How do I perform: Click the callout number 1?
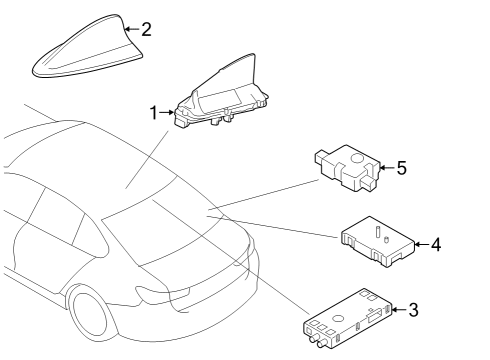coord(154,113)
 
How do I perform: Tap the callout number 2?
coord(146,29)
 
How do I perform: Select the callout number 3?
coord(414,310)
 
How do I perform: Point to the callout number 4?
coord(437,243)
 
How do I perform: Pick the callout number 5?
coord(401,168)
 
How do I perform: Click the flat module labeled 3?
coord(349,315)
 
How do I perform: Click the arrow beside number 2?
coord(132,30)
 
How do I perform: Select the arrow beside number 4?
coord(421,243)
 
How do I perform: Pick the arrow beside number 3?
coord(399,310)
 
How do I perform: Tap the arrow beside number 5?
coord(387,168)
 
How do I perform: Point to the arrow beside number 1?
coord(168,113)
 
